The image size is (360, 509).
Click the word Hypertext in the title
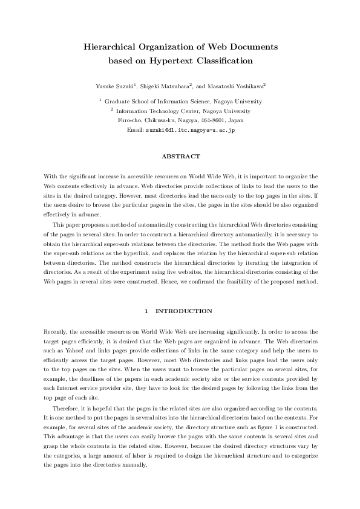point(162,60)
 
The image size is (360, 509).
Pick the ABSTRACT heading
point(180,157)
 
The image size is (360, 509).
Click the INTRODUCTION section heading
point(184,311)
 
